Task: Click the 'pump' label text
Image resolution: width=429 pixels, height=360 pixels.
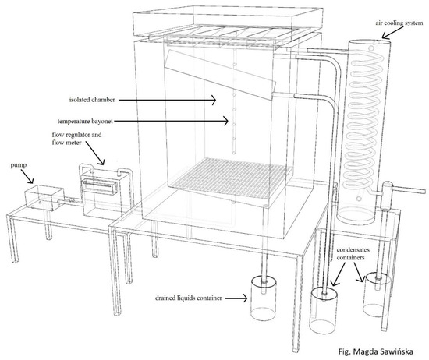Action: pyautogui.click(x=19, y=165)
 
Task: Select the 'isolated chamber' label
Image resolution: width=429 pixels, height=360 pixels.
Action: pyautogui.click(x=92, y=100)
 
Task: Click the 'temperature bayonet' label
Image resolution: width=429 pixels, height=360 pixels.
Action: pyautogui.click(x=85, y=121)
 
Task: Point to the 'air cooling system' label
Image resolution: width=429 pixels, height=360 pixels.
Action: pyautogui.click(x=399, y=23)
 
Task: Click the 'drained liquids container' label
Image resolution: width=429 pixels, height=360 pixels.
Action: pyautogui.click(x=189, y=298)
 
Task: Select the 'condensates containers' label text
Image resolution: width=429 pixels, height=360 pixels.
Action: pyautogui.click(x=353, y=254)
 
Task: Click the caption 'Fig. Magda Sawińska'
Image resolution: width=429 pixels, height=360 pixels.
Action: pyautogui.click(x=376, y=351)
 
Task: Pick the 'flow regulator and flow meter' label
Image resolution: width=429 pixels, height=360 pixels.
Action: pyautogui.click(x=76, y=139)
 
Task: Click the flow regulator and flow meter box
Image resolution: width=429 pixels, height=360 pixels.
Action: pyautogui.click(x=105, y=192)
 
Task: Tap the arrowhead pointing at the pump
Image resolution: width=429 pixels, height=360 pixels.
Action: pyautogui.click(x=31, y=181)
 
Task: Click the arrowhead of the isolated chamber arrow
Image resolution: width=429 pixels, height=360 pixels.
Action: pyautogui.click(x=214, y=100)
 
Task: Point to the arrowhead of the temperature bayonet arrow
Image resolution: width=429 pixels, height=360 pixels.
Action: pyautogui.click(x=225, y=121)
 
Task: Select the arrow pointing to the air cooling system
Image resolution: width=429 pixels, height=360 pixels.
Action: pyautogui.click(x=391, y=34)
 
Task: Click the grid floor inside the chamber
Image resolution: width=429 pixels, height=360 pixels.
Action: pyautogui.click(x=231, y=176)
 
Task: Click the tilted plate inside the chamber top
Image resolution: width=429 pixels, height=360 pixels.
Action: pyautogui.click(x=220, y=74)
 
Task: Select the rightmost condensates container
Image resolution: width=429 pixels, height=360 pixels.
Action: pyautogui.click(x=376, y=295)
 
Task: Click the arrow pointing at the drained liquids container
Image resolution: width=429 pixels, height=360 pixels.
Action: pyautogui.click(x=236, y=298)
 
